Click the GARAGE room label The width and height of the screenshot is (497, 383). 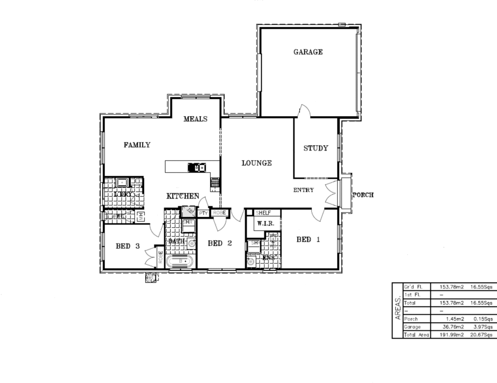308,52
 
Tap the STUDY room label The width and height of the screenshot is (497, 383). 315,148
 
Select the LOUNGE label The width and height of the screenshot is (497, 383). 256,163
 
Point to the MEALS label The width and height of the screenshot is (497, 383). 195,119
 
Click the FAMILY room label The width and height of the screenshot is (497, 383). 137,145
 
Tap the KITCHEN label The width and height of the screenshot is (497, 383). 183,196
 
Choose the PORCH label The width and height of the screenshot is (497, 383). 363,195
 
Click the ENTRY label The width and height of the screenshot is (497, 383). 303,190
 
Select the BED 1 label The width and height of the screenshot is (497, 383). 308,240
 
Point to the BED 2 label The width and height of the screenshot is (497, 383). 220,243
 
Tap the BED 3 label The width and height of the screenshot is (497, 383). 128,246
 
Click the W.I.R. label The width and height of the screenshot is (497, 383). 266,224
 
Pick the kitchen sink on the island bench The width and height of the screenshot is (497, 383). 196,167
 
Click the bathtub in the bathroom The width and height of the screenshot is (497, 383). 181,262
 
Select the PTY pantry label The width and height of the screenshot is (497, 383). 203,213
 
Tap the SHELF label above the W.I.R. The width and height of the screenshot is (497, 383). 263,213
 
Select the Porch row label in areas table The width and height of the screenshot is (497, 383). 411,319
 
